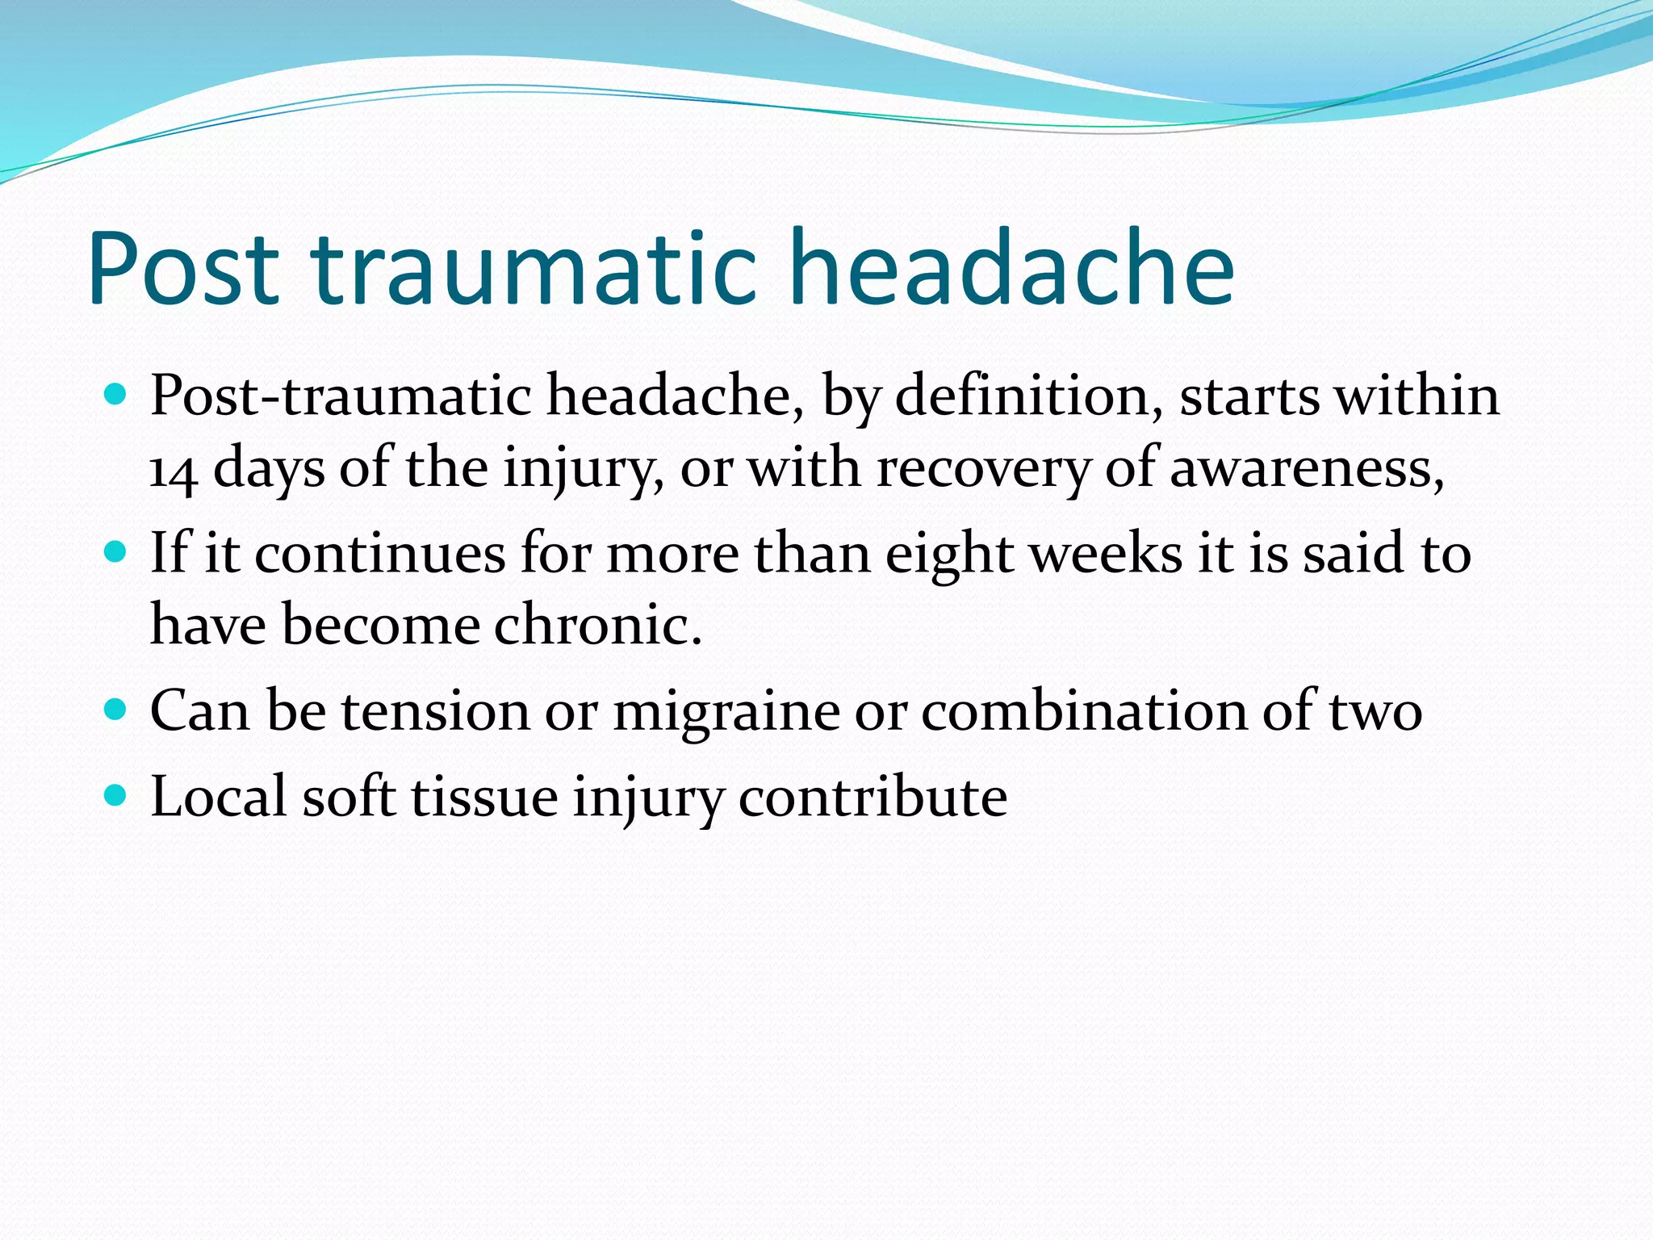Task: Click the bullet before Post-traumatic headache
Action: tap(116, 396)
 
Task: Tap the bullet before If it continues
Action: tap(116, 553)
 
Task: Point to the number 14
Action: tap(173, 470)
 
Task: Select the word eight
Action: tap(949, 555)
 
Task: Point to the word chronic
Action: tap(597, 625)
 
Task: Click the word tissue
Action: tap(484, 797)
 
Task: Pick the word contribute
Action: tap(873, 797)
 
